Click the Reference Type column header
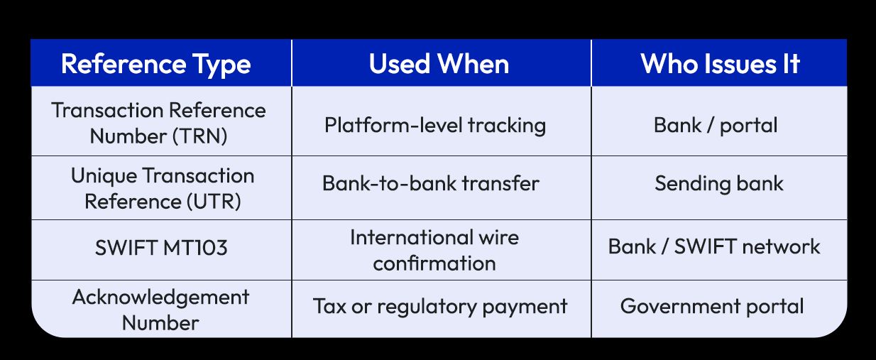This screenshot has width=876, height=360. (156, 64)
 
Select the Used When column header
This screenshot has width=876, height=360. (439, 64)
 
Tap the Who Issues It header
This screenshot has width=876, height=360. (720, 64)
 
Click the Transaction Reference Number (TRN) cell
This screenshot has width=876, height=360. (159, 123)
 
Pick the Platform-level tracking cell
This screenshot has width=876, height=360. (435, 126)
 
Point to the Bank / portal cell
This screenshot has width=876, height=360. (716, 126)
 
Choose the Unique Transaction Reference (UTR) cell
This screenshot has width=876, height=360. (163, 188)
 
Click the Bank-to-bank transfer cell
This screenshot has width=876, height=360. (431, 183)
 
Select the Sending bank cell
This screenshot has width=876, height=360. (718, 183)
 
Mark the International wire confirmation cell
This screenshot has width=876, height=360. (434, 250)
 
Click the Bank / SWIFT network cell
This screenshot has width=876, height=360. (714, 246)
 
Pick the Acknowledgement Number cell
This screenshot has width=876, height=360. (160, 310)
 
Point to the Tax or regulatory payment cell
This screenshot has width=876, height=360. (440, 307)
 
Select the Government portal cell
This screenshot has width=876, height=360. (712, 306)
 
